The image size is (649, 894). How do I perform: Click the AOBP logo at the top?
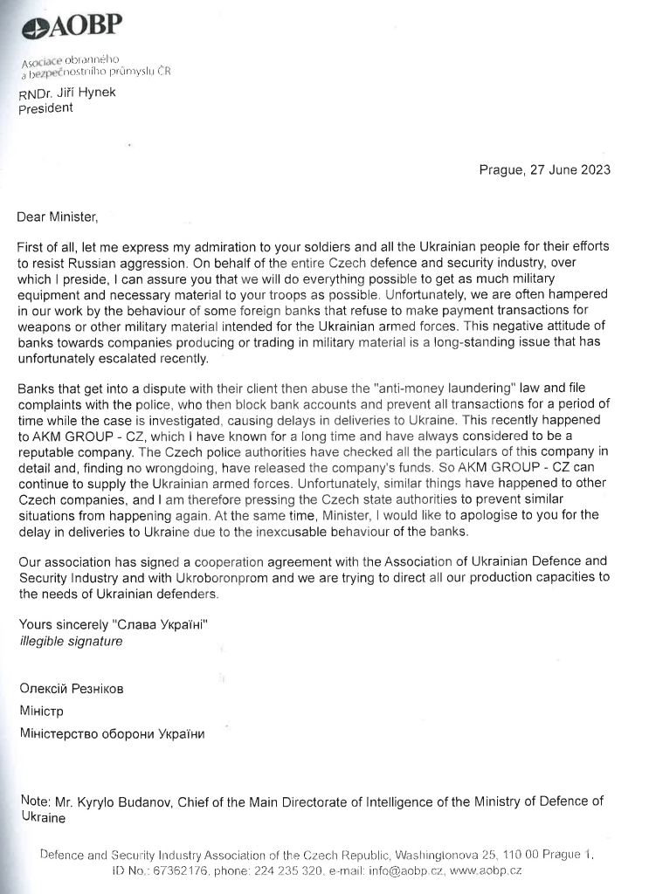(x=72, y=27)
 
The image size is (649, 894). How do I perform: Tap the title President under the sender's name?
(x=45, y=109)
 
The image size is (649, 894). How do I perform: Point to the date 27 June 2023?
(x=571, y=170)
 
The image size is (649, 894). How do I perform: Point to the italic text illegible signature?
(x=71, y=641)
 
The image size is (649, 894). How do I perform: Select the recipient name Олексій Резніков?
(x=72, y=689)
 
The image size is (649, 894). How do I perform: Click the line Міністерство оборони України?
(x=112, y=734)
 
